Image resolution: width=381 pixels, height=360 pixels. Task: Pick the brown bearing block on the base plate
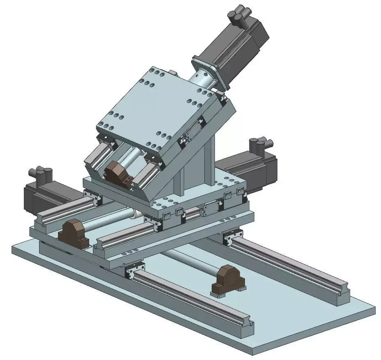coord(228,279)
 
